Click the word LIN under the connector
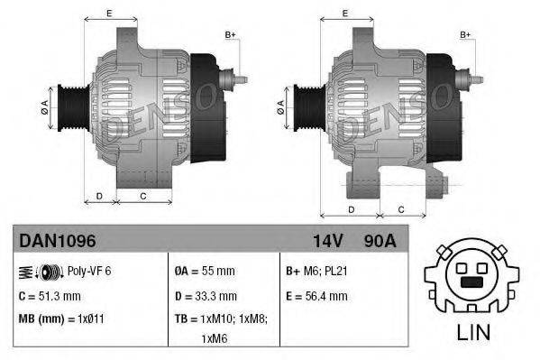pyautogui.click(x=473, y=331)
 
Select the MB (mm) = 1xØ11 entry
pyautogui.click(x=60, y=319)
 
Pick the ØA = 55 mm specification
pyautogui.click(x=206, y=271)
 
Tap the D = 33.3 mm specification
pyautogui.click(x=206, y=295)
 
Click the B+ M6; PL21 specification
pyautogui.click(x=316, y=271)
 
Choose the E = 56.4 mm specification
pyautogui.click(x=316, y=295)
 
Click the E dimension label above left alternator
pyautogui.click(x=109, y=13)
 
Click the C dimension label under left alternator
pyautogui.click(x=143, y=194)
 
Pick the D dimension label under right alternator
pyautogui.click(x=350, y=208)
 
